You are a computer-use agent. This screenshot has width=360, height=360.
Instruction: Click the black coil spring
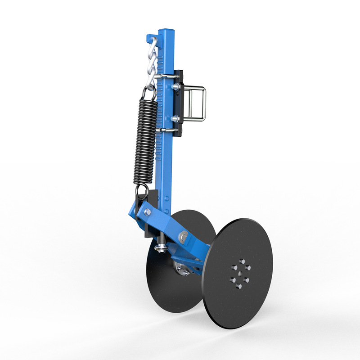click(x=145, y=139)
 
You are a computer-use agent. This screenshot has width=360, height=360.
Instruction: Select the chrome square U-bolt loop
click(x=196, y=103)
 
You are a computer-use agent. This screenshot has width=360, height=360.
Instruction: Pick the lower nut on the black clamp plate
click(x=176, y=119)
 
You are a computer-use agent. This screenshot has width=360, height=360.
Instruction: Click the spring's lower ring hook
click(x=142, y=191)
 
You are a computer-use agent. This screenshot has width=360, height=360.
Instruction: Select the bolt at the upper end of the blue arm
click(x=148, y=212)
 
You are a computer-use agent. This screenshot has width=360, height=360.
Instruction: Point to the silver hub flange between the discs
click(x=182, y=269)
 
